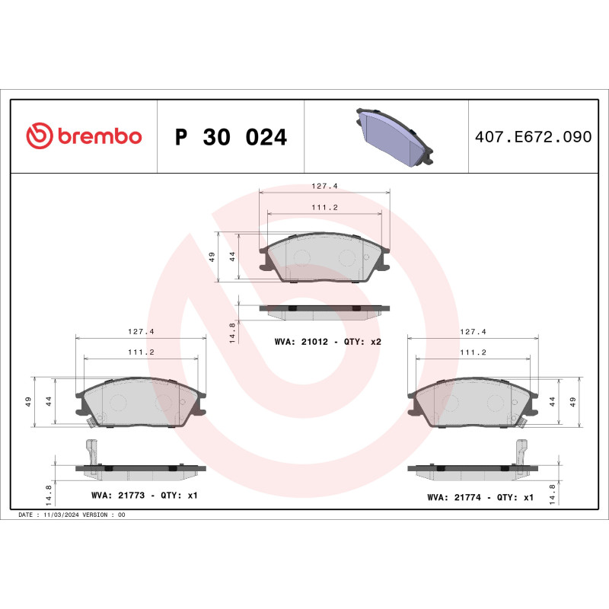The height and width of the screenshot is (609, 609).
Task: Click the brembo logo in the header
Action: [84, 136]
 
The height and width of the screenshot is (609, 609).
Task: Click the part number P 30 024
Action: [231, 137]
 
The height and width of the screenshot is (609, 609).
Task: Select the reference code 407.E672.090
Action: [532, 137]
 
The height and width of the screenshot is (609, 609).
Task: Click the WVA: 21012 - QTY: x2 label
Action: [327, 342]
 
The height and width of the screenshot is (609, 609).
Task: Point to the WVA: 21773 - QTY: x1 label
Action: [144, 496]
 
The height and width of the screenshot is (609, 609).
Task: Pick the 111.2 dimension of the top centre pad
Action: [325, 207]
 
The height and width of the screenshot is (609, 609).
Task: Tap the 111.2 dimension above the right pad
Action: [473, 353]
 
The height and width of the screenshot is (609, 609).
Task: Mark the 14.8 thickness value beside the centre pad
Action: [232, 332]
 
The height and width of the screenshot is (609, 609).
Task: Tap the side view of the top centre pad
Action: [325, 309]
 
